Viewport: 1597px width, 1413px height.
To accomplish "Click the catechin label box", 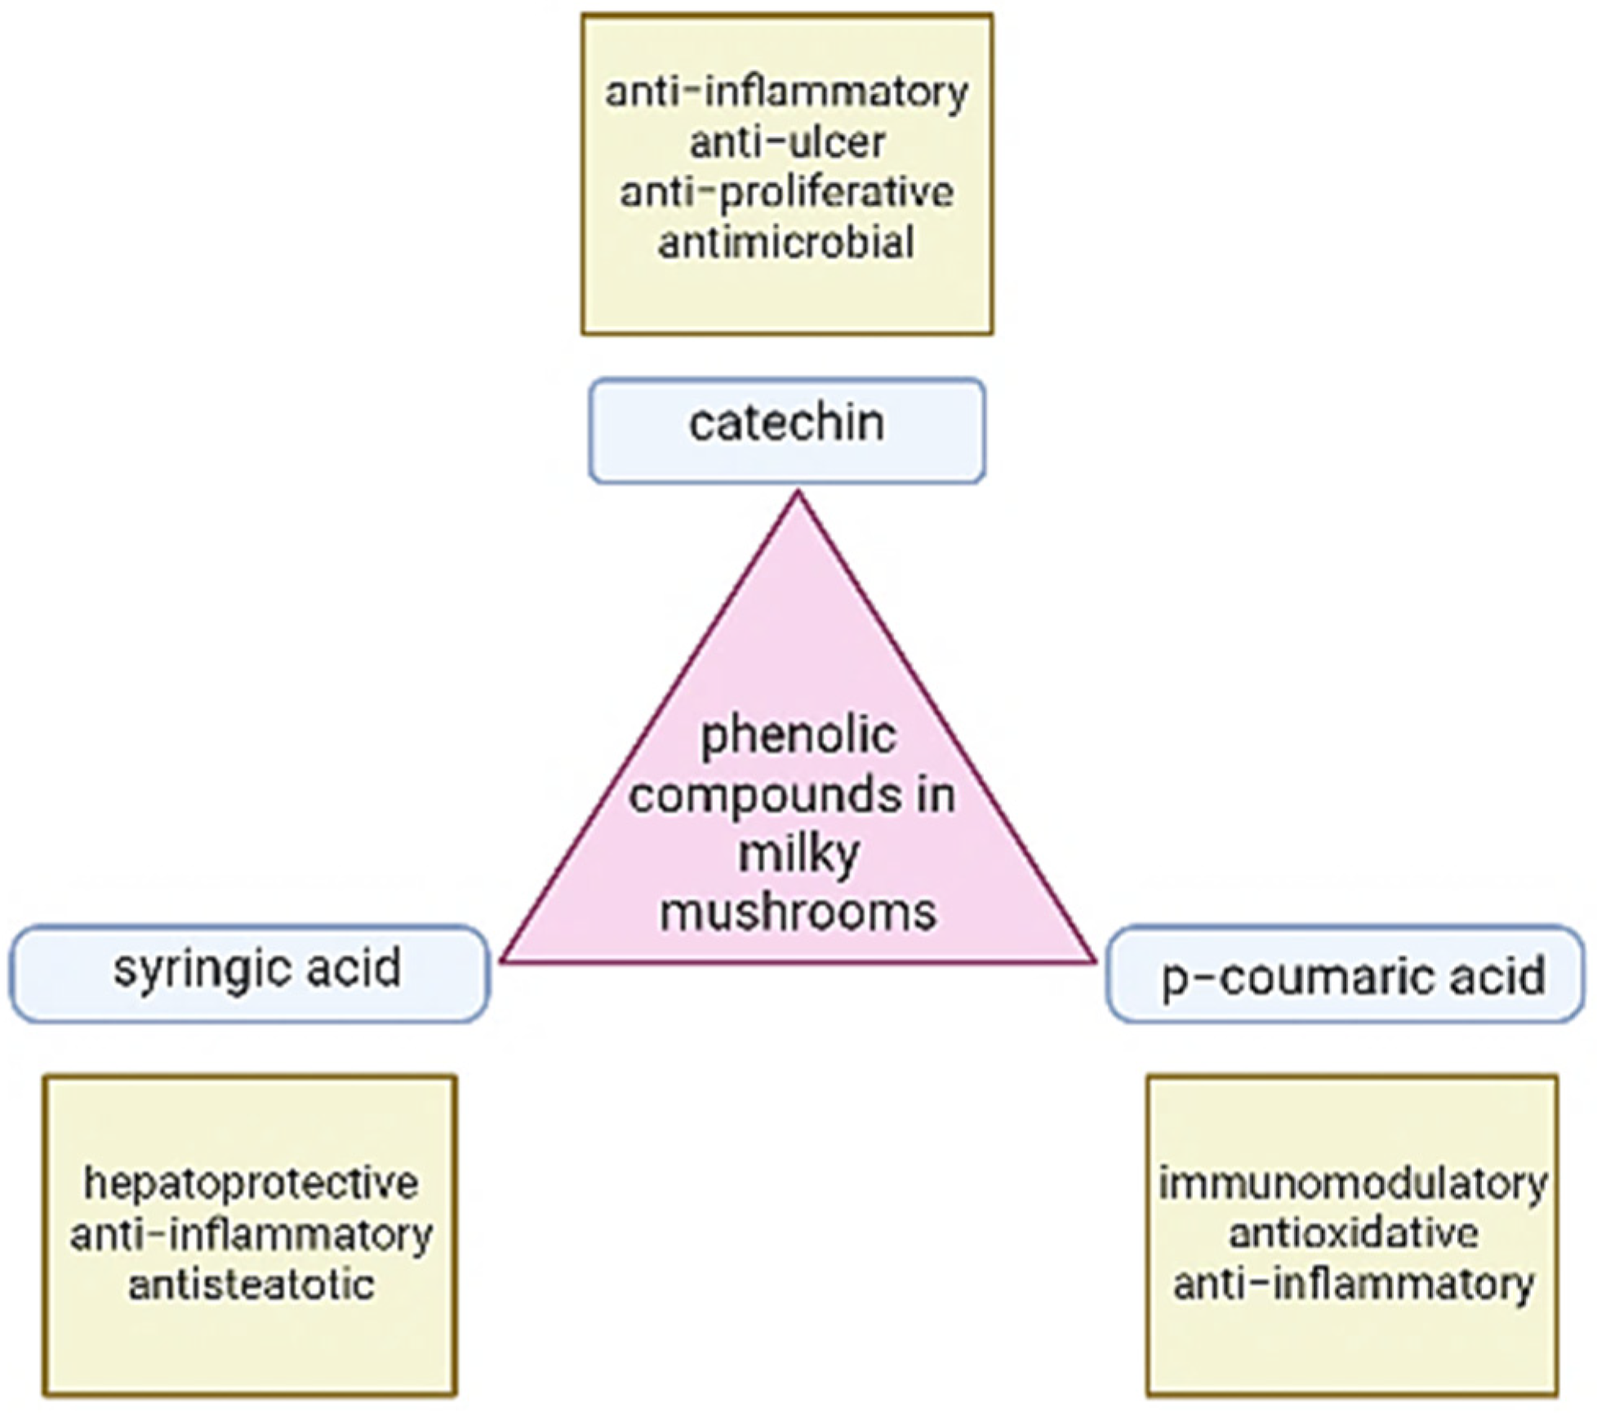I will (x=787, y=430).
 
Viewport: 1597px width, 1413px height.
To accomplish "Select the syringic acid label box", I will (x=250, y=973).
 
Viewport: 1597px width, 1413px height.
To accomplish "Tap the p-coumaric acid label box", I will (x=1345, y=973).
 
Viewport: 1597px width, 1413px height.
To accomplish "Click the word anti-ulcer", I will (x=787, y=143).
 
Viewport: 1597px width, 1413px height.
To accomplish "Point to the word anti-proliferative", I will (x=787, y=193).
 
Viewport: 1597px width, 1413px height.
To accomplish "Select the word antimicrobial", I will (x=787, y=243).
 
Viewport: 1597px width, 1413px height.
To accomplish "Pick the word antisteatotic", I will (x=251, y=1285).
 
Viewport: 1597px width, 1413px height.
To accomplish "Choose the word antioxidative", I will (x=1353, y=1233).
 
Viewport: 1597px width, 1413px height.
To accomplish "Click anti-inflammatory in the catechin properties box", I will (x=787, y=91).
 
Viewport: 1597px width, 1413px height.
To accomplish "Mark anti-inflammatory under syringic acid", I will (x=251, y=1234).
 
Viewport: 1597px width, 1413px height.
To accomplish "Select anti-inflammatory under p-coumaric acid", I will (x=1353, y=1284).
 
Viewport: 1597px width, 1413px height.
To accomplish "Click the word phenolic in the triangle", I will (x=798, y=736).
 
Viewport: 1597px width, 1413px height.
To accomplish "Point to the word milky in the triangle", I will (x=798, y=854).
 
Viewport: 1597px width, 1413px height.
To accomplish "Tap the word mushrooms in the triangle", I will (x=798, y=912).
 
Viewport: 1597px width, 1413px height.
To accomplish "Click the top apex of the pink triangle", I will (x=798, y=495).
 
